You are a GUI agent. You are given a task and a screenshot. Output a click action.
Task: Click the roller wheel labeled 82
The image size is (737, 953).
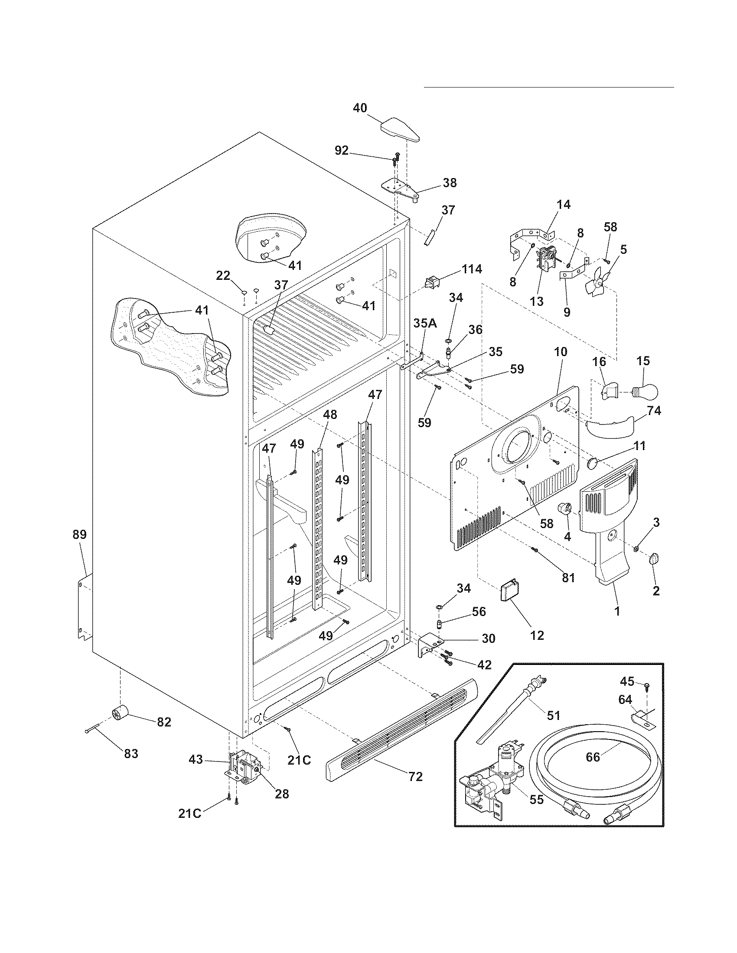(119, 714)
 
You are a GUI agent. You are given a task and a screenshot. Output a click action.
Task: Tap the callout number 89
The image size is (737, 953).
(79, 535)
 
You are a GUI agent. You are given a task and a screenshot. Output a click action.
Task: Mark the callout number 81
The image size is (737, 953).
(567, 578)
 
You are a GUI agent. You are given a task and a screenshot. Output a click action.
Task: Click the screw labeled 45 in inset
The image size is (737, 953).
(647, 687)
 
